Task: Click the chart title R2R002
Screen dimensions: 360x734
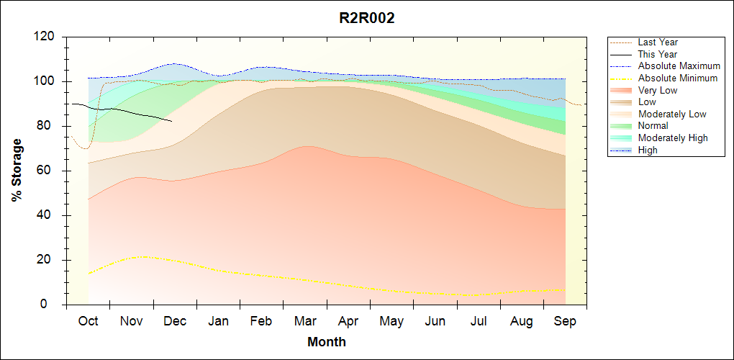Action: tap(367, 19)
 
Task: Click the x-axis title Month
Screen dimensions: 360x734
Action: tap(327, 342)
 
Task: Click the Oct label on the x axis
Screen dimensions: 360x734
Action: tap(88, 321)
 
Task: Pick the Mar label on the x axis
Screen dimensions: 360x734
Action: tap(305, 321)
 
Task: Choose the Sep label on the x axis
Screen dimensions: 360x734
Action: tap(565, 321)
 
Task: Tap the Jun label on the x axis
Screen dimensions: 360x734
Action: tap(435, 321)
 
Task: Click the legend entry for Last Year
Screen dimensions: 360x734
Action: tap(657, 42)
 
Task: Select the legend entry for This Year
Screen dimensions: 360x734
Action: tap(657, 54)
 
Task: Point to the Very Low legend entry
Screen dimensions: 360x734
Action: tap(657, 90)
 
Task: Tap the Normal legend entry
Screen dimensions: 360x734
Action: tap(653, 126)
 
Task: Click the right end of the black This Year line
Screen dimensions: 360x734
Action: tap(171, 121)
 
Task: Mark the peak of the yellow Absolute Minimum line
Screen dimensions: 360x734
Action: tap(144, 256)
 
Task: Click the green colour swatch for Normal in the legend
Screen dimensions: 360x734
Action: tap(622, 126)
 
